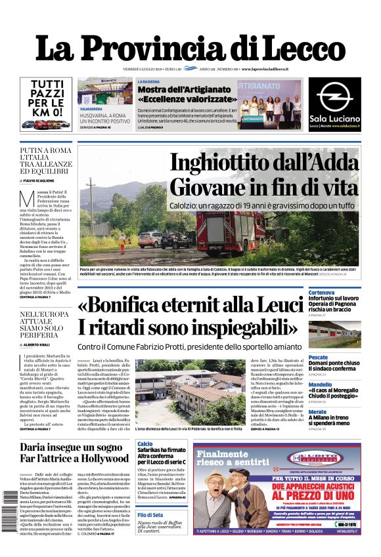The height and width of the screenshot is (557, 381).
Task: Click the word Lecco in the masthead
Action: [303, 49]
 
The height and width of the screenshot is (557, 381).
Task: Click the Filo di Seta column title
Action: [151, 515]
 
